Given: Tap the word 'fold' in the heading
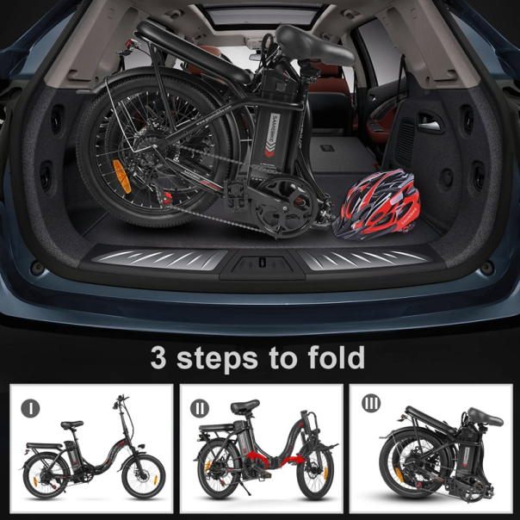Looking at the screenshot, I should click(332, 356).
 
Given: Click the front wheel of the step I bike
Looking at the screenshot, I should click(142, 474).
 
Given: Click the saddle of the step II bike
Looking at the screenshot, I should click(245, 407).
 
